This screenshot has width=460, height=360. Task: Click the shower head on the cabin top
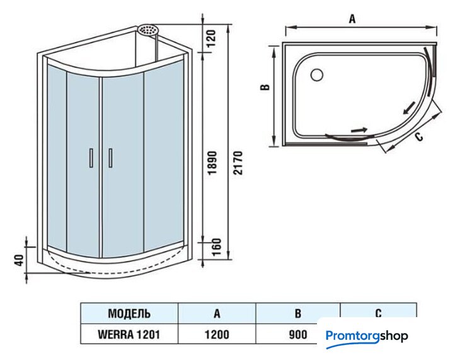(149, 30)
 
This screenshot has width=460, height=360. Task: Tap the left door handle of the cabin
(91, 157)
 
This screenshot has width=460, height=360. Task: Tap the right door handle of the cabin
(109, 157)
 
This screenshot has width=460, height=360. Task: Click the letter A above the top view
(353, 19)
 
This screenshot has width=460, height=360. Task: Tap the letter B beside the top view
(266, 86)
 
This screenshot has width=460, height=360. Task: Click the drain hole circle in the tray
(316, 75)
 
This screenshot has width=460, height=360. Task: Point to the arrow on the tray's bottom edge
(359, 129)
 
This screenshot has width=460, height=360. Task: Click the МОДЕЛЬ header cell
(129, 313)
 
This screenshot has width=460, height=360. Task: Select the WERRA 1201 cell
(129, 334)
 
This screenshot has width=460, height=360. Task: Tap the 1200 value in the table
(217, 334)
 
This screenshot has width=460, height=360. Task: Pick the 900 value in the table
(297, 334)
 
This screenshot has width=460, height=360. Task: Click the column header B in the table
(297, 313)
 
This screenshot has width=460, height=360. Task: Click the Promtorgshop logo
(367, 337)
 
